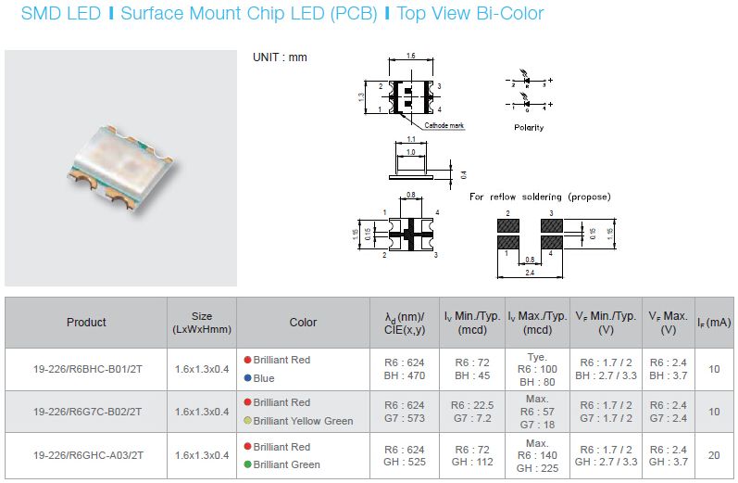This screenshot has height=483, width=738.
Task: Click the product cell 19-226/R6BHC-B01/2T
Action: click(88, 369)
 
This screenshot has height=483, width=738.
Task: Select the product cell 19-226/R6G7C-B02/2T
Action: click(88, 412)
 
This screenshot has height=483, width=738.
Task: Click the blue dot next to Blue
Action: click(247, 378)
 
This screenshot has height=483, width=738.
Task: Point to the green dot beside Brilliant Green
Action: click(247, 464)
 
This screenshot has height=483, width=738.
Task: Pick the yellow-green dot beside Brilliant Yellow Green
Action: click(247, 420)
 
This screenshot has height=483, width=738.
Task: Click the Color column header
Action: click(303, 323)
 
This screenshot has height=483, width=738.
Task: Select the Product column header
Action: click(86, 323)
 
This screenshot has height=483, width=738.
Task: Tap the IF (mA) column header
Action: click(714, 323)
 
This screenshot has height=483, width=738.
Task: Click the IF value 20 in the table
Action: click(714, 455)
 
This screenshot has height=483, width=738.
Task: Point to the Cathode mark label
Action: click(444, 125)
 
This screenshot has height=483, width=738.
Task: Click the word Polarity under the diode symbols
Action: click(529, 127)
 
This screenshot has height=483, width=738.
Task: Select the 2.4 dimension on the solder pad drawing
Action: click(530, 273)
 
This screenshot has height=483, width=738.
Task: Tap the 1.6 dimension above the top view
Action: click(411, 56)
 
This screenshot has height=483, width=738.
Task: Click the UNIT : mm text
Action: click(280, 57)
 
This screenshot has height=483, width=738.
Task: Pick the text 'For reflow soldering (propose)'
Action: click(540, 197)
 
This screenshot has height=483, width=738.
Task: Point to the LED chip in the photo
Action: click(121, 166)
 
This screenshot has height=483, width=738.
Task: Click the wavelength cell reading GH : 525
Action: click(405, 462)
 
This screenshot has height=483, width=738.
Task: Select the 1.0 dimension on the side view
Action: click(411, 152)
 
